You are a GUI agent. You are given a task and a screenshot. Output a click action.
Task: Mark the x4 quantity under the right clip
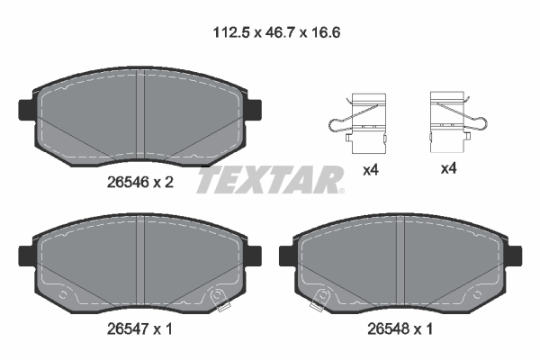click(447, 168)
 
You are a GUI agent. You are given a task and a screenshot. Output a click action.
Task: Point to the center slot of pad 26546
click(142, 117)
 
